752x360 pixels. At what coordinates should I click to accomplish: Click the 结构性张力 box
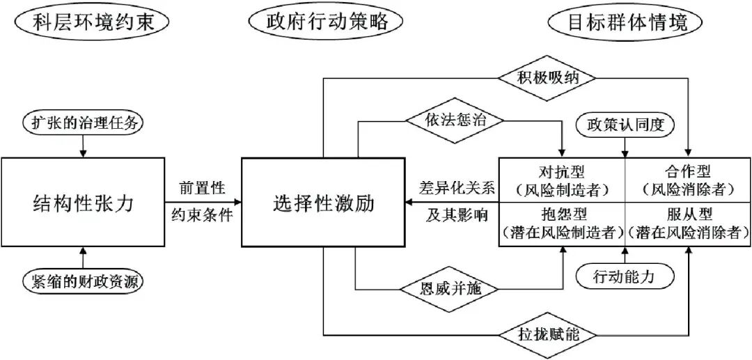83,203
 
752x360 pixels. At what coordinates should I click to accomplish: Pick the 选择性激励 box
323,203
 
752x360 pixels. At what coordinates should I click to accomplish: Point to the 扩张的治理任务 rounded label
83,123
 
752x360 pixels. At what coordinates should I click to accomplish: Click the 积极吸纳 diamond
548,76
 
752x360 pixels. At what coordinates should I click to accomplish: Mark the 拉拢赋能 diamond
548,334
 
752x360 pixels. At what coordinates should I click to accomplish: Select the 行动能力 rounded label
624,276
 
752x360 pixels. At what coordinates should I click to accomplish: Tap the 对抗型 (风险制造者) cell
562,179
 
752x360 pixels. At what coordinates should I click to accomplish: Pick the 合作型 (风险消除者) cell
687,179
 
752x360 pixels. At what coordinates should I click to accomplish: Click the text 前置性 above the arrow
202,188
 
